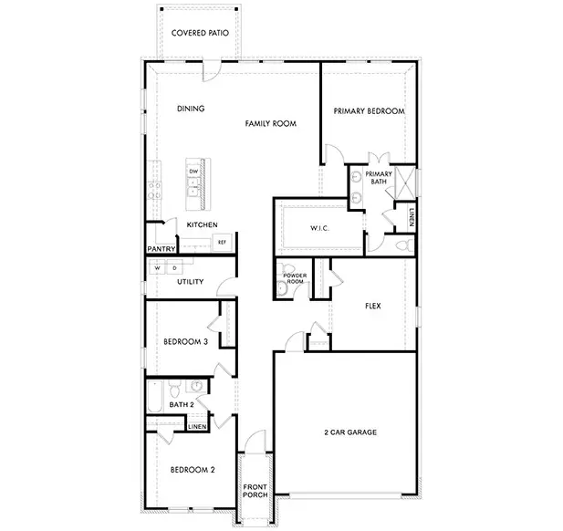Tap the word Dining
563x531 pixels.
pyautogui.click(x=191, y=109)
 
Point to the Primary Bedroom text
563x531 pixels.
pyautogui.click(x=368, y=110)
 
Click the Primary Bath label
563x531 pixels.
pyautogui.click(x=379, y=177)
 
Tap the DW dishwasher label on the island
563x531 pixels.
pyautogui.click(x=193, y=172)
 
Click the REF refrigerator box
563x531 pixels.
pyautogui.click(x=221, y=242)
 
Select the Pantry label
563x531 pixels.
pyautogui.click(x=162, y=248)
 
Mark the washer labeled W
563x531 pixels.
pyautogui.click(x=157, y=268)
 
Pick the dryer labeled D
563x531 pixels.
pyautogui.click(x=174, y=268)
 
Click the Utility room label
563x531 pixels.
pyautogui.click(x=190, y=282)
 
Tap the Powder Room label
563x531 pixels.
pyautogui.click(x=294, y=278)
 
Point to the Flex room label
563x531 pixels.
pyautogui.click(x=372, y=307)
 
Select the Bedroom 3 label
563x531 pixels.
pyautogui.click(x=185, y=341)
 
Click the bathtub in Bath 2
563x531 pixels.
pyautogui.click(x=152, y=398)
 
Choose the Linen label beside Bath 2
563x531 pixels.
pyautogui.click(x=196, y=426)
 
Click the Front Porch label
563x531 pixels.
pyautogui.click(x=254, y=494)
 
